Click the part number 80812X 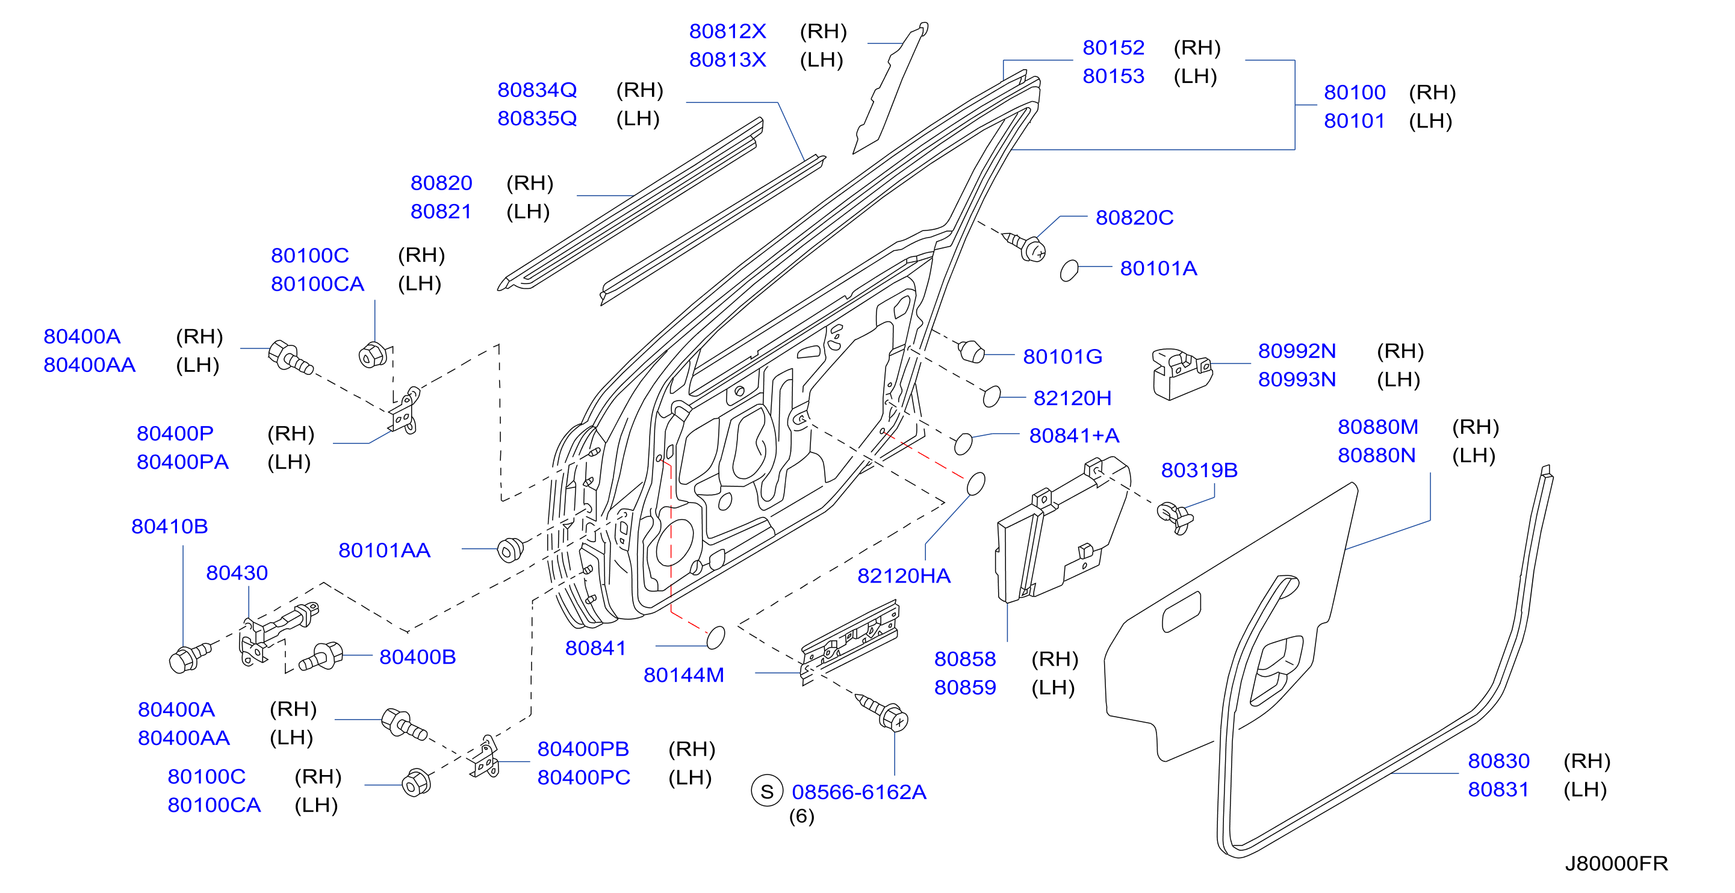727,31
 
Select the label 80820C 1134,217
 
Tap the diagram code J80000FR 1616,863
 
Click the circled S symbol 767,791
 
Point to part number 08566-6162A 858,792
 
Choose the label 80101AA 384,550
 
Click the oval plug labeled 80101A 1069,270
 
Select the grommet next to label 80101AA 511,549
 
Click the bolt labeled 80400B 322,657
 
